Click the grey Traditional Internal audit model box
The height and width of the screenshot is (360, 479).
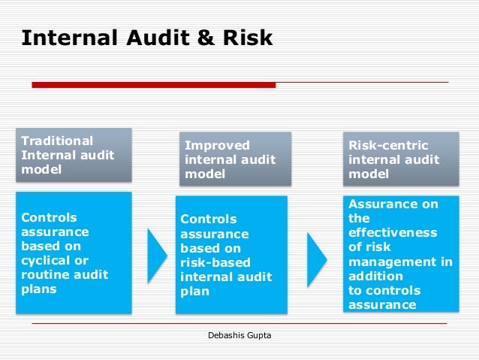[x=74, y=155]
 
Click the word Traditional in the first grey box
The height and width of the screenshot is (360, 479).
[x=57, y=141]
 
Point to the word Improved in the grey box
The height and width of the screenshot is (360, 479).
[x=217, y=145]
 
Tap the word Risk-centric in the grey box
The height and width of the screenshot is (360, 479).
[x=386, y=145]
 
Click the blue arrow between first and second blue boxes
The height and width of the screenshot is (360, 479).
[x=157, y=254]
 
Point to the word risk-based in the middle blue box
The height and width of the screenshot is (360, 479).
[x=215, y=263]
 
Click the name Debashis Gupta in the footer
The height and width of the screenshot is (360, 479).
[x=239, y=335]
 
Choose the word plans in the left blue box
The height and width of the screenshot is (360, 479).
[x=39, y=289]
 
